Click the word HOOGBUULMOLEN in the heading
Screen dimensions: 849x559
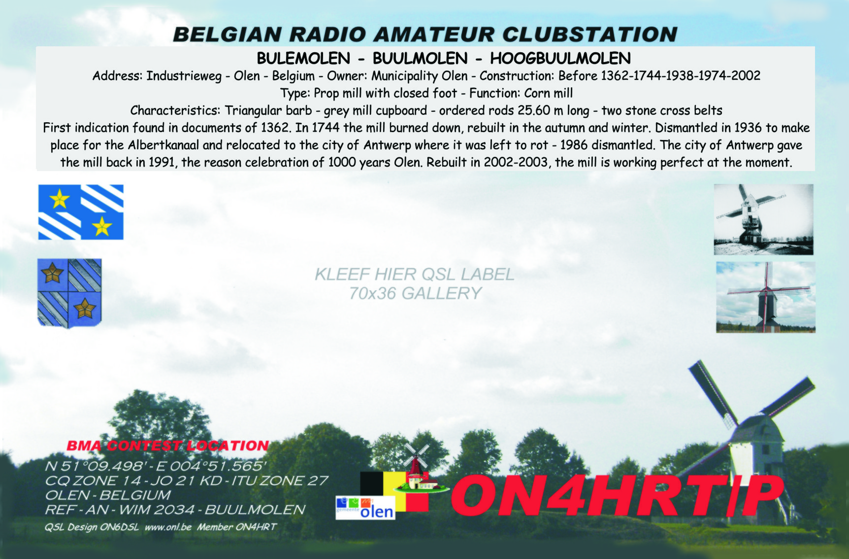click(560, 59)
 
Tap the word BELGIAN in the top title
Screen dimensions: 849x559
click(228, 35)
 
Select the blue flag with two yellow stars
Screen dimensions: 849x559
click(81, 212)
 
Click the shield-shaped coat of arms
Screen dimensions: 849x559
click(69, 293)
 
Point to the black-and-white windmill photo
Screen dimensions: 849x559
click(763, 219)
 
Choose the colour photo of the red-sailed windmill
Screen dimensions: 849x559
click(766, 297)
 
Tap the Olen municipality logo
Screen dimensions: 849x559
click(365, 508)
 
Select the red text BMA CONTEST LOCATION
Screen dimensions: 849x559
click(168, 446)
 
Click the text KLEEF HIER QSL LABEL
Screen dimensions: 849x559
click(415, 274)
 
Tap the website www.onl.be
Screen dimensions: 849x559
click(168, 527)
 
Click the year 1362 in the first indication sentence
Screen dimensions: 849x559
click(275, 128)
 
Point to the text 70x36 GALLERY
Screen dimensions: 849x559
click(415, 294)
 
